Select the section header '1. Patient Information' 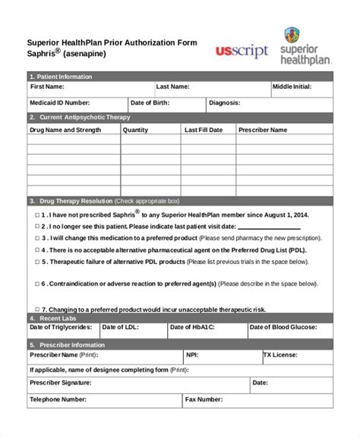[x=61, y=77]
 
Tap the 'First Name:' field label [x=48, y=86]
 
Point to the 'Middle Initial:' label [x=292, y=86]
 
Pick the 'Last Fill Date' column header [x=204, y=130]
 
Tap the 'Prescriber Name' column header [x=263, y=130]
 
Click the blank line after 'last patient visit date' [x=273, y=227]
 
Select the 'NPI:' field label [x=192, y=354]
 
